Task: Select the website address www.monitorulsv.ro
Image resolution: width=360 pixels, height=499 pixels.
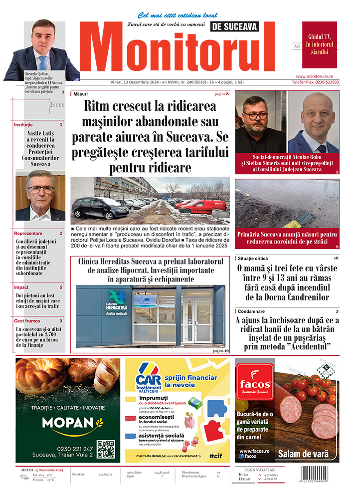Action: [321, 76]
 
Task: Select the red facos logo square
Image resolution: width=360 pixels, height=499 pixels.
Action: [254, 383]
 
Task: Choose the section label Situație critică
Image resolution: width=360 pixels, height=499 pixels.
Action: [257, 258]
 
